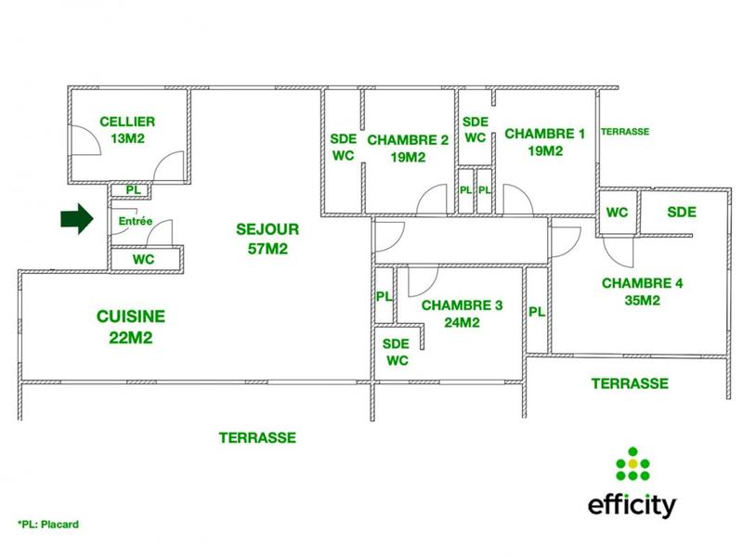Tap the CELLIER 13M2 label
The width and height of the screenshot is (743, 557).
click(127, 130)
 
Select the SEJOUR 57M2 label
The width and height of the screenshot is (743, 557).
click(267, 238)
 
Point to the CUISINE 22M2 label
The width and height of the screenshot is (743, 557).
click(130, 327)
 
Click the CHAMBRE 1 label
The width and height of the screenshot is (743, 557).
click(545, 141)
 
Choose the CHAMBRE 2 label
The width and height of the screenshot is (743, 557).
click(409, 149)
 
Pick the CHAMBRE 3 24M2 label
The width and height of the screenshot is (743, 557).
click(462, 314)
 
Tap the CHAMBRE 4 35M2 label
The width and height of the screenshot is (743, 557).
click(643, 291)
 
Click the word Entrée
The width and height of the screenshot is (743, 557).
click(136, 222)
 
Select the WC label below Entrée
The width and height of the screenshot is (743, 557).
click(143, 259)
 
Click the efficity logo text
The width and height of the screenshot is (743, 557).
click(632, 506)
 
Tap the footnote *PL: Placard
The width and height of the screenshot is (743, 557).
click(48, 525)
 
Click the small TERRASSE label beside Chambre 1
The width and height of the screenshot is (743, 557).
click(625, 132)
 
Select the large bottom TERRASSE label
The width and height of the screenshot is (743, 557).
click(257, 436)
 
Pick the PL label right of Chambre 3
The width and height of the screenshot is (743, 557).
click(537, 312)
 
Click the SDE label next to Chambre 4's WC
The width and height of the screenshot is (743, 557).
click(682, 212)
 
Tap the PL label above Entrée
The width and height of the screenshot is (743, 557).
click(134, 190)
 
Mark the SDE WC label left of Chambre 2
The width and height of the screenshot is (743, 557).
click(342, 147)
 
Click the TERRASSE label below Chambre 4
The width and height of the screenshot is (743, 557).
click(630, 382)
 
